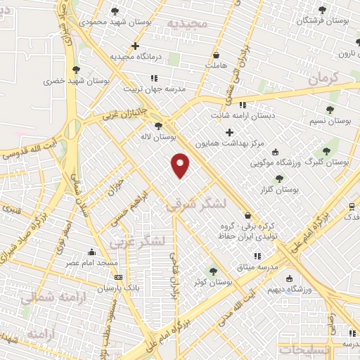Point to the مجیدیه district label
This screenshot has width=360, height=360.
tap(188, 23)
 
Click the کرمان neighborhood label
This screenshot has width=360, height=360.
tap(323, 77)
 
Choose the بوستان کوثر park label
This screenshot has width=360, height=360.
tap(214, 281)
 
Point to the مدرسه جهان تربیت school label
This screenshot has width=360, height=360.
tap(154, 89)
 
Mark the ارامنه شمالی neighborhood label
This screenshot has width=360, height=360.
tap(46, 298)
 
